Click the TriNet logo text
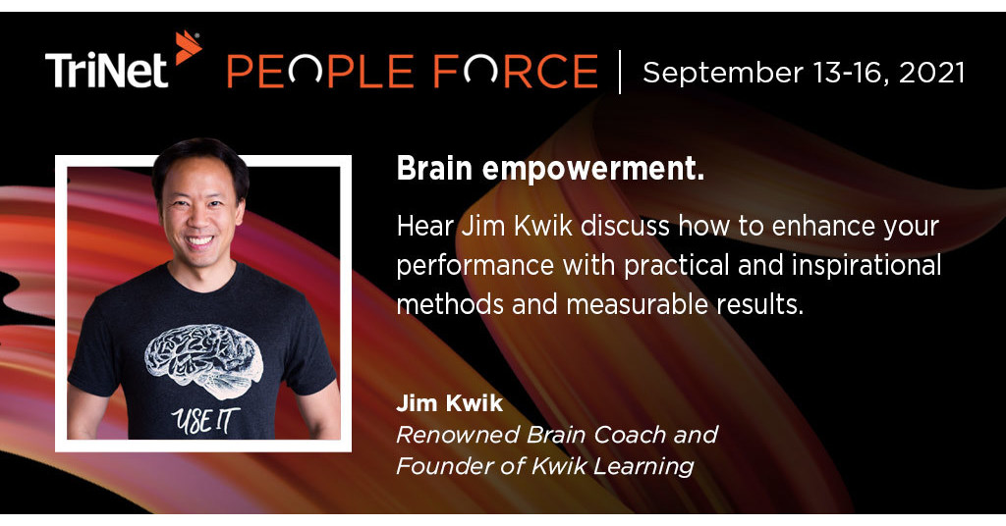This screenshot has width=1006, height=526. pyautogui.click(x=108, y=72)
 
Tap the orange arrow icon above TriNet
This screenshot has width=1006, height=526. pyautogui.click(x=188, y=46)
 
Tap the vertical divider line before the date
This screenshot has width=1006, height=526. pyautogui.click(x=621, y=72)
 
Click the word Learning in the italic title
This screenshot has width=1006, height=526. pyautogui.click(x=648, y=466)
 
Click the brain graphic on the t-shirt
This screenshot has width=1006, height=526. pyautogui.click(x=204, y=359)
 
